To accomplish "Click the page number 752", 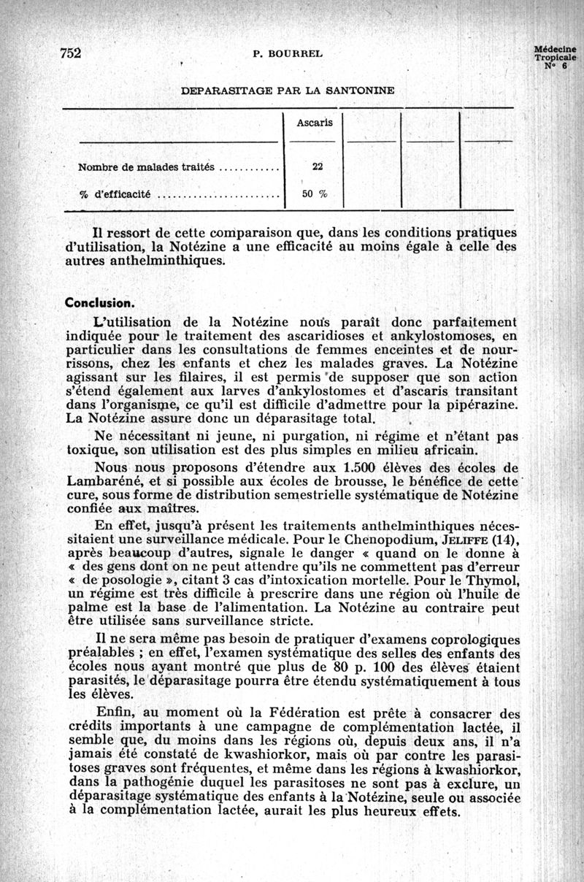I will (x=70, y=53).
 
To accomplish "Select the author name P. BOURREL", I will (x=287, y=53).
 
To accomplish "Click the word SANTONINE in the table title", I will (x=360, y=91).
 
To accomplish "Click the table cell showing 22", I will (x=318, y=166).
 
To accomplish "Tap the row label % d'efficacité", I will (x=115, y=195).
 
